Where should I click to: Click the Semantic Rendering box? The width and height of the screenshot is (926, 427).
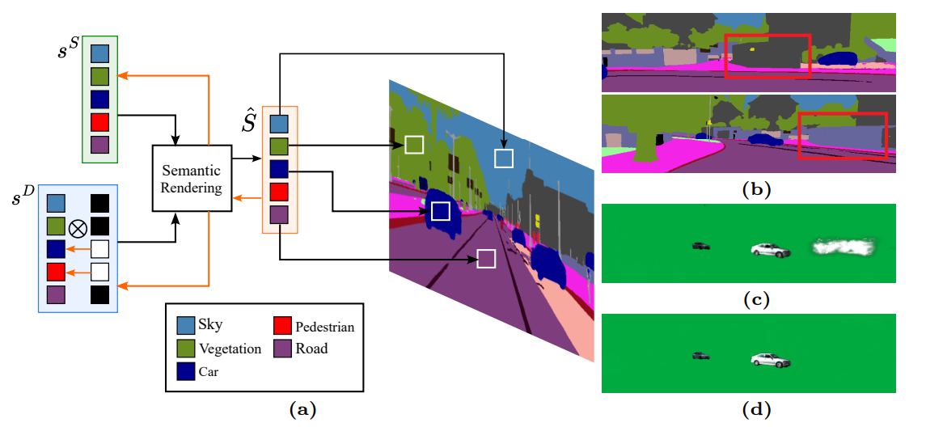(x=191, y=179)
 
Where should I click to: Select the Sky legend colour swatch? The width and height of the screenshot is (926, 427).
(x=186, y=325)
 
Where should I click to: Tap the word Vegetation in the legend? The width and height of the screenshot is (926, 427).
(x=230, y=349)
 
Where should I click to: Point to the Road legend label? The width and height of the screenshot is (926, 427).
(x=311, y=349)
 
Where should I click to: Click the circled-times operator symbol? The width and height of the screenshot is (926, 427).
(x=78, y=227)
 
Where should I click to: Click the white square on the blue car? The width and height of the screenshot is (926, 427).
(x=440, y=211)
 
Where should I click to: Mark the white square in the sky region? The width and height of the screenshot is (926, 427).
(x=504, y=158)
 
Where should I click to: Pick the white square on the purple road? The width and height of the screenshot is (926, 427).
(x=486, y=258)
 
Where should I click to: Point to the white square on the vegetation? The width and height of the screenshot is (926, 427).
(x=414, y=144)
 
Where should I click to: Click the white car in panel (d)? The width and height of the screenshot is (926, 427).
(x=769, y=361)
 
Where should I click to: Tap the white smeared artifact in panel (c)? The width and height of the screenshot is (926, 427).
(x=845, y=250)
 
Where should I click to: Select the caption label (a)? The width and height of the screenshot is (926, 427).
(x=302, y=410)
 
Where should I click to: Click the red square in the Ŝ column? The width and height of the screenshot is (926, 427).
(x=279, y=192)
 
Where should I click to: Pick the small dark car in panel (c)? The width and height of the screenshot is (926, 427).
(x=701, y=245)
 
